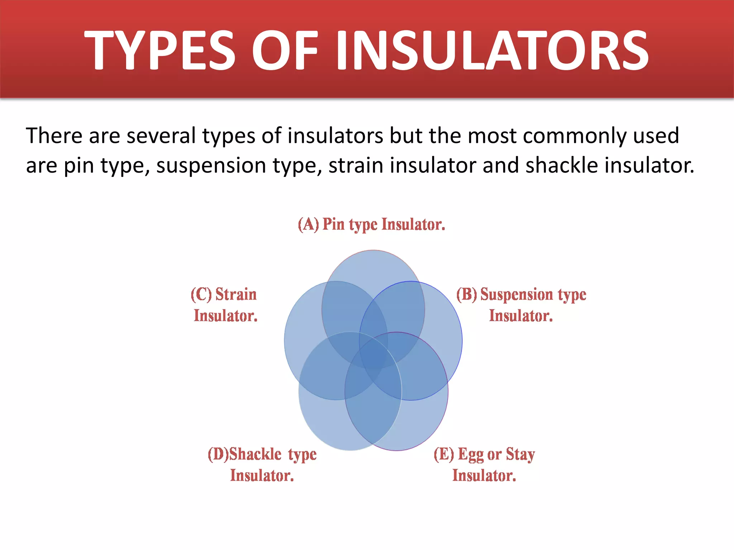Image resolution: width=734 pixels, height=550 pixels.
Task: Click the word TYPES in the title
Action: pos(159,50)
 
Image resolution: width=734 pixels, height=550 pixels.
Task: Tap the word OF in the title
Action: pos(285,50)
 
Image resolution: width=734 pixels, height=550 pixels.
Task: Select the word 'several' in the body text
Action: pos(161,136)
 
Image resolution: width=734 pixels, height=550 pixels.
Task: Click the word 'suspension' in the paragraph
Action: pos(211,166)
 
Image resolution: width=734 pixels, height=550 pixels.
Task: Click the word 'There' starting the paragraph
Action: pos(54,136)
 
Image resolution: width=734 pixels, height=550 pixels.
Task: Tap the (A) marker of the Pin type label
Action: pos(308,225)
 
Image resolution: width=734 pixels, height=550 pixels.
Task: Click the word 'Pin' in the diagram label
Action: pos(333,225)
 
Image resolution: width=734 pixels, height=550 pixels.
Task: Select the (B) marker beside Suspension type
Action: pos(467,294)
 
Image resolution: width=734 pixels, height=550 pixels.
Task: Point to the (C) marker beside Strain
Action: pos(201,294)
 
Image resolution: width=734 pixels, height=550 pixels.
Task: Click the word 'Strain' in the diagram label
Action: pos(236,294)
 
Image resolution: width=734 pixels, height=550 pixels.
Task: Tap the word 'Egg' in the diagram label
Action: pos(471,454)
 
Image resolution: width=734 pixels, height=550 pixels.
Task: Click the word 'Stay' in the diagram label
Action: pos(520,454)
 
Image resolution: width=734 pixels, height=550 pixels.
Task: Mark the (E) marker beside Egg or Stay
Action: pos(444,454)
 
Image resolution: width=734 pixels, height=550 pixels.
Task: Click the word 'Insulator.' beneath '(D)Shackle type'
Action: pos(262,476)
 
